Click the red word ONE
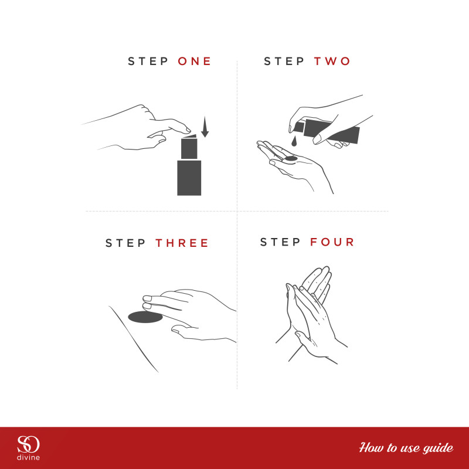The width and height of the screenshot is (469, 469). [x=195, y=62]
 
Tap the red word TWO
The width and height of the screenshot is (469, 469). [x=332, y=62]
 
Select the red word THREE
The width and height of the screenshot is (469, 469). [x=182, y=243]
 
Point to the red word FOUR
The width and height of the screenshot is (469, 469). [x=332, y=242]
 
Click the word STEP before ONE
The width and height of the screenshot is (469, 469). [x=148, y=62]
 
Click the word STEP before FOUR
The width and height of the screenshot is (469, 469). [x=280, y=242]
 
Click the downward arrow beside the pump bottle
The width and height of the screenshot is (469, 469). [x=205, y=127]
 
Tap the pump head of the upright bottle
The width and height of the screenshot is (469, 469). [x=189, y=147]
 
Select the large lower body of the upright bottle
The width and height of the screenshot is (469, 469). [x=189, y=178]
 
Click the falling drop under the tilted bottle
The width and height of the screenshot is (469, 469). [x=294, y=141]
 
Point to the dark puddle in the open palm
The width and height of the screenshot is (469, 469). [x=290, y=158]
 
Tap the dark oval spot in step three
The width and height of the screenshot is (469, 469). [x=145, y=317]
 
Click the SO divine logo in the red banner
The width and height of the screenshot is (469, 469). [x=28, y=448]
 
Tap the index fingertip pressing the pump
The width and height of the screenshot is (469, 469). [x=187, y=130]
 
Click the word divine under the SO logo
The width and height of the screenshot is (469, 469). [x=28, y=457]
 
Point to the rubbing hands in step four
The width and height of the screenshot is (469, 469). [x=311, y=314]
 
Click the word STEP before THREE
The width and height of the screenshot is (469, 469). [x=125, y=243]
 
